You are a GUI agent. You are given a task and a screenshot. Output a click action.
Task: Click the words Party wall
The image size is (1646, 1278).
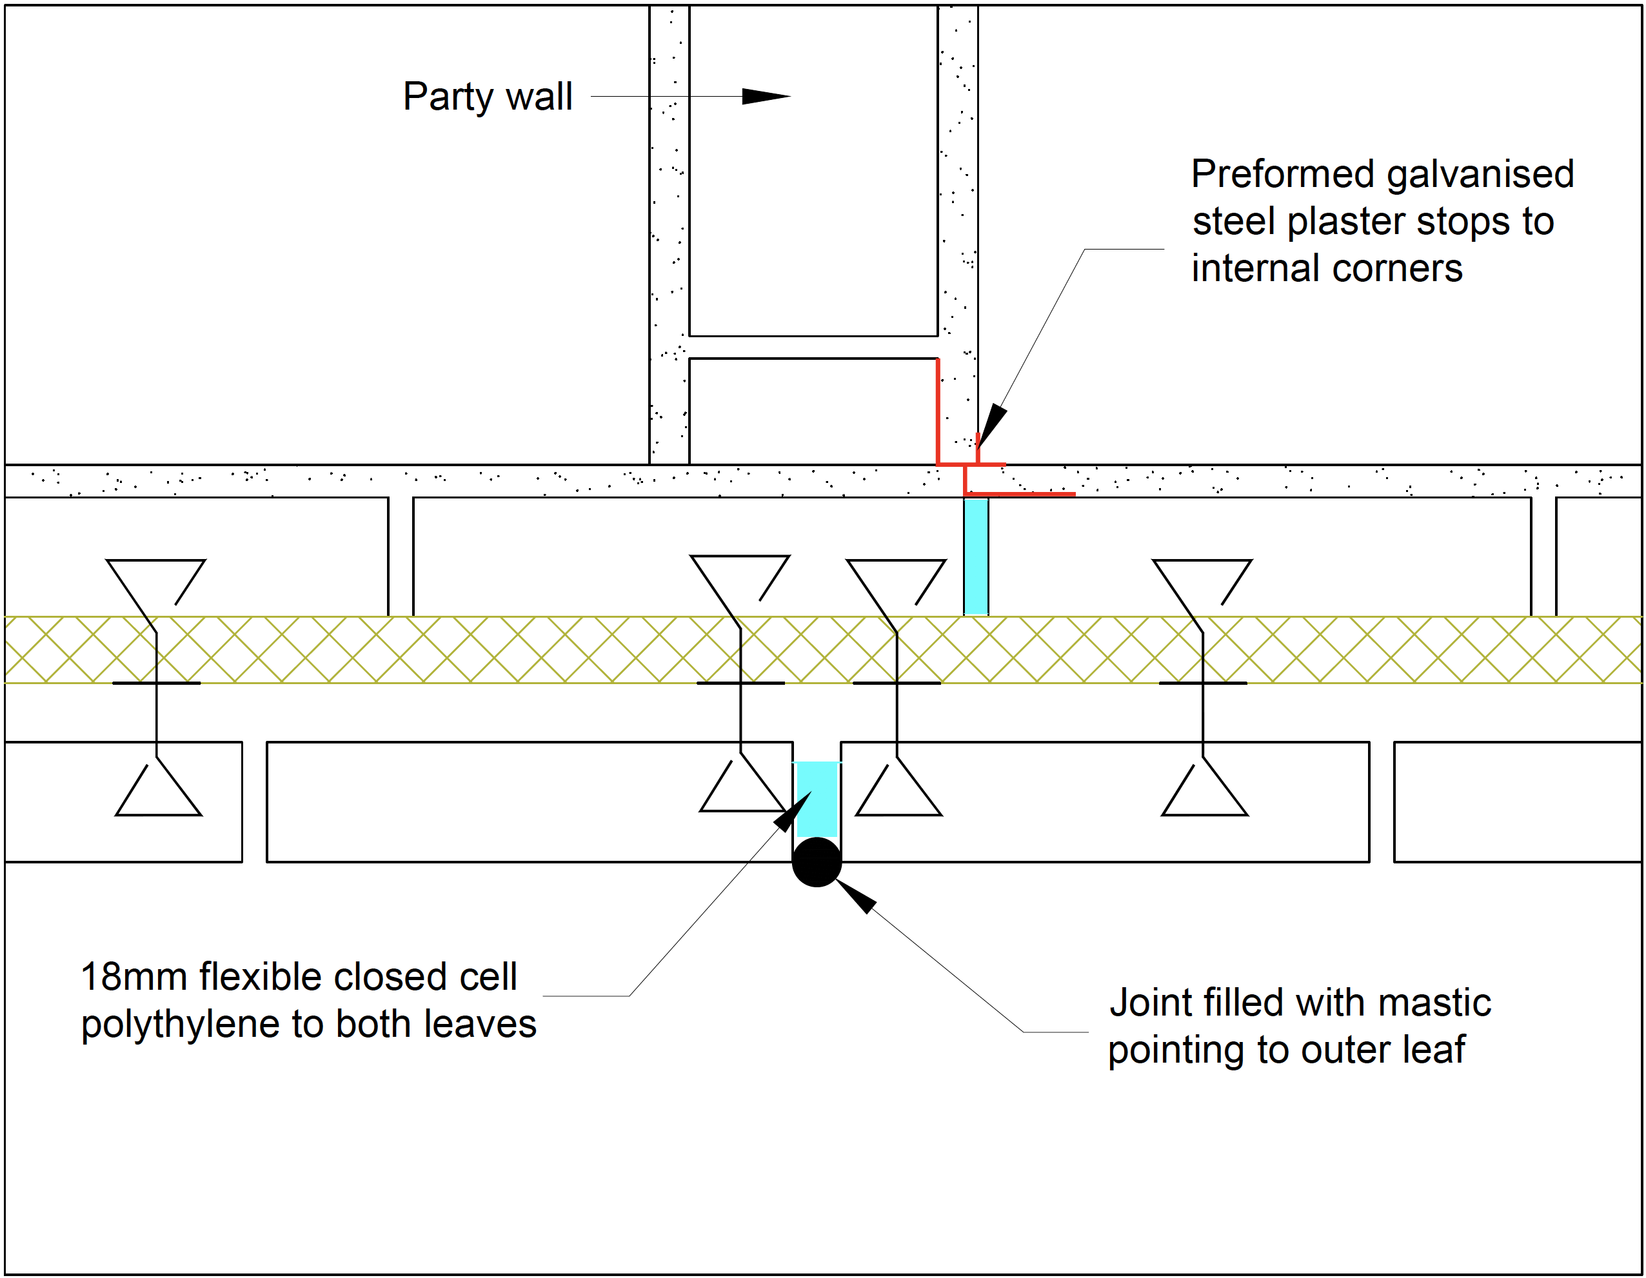488,97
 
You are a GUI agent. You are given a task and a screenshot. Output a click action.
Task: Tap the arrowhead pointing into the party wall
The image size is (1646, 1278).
765,97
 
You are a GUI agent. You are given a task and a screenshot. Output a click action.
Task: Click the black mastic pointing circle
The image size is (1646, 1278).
816,862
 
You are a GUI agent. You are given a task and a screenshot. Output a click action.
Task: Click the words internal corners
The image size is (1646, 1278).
1327,268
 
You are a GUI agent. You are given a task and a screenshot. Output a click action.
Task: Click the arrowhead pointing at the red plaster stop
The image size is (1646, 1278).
991,424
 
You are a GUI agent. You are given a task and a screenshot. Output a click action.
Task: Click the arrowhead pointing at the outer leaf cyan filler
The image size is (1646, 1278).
791,812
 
